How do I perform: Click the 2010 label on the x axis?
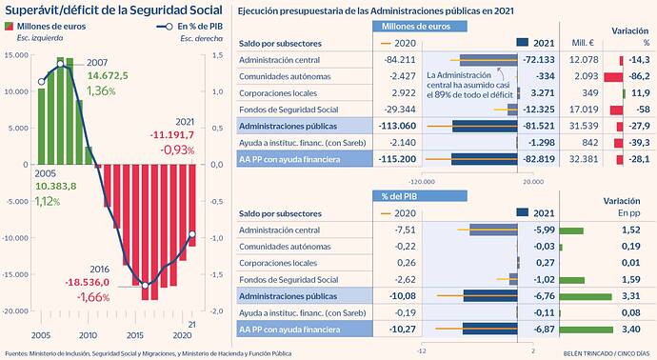pyautogui.click(x=88, y=336)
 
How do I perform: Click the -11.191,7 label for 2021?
pyautogui.click(x=171, y=135)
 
